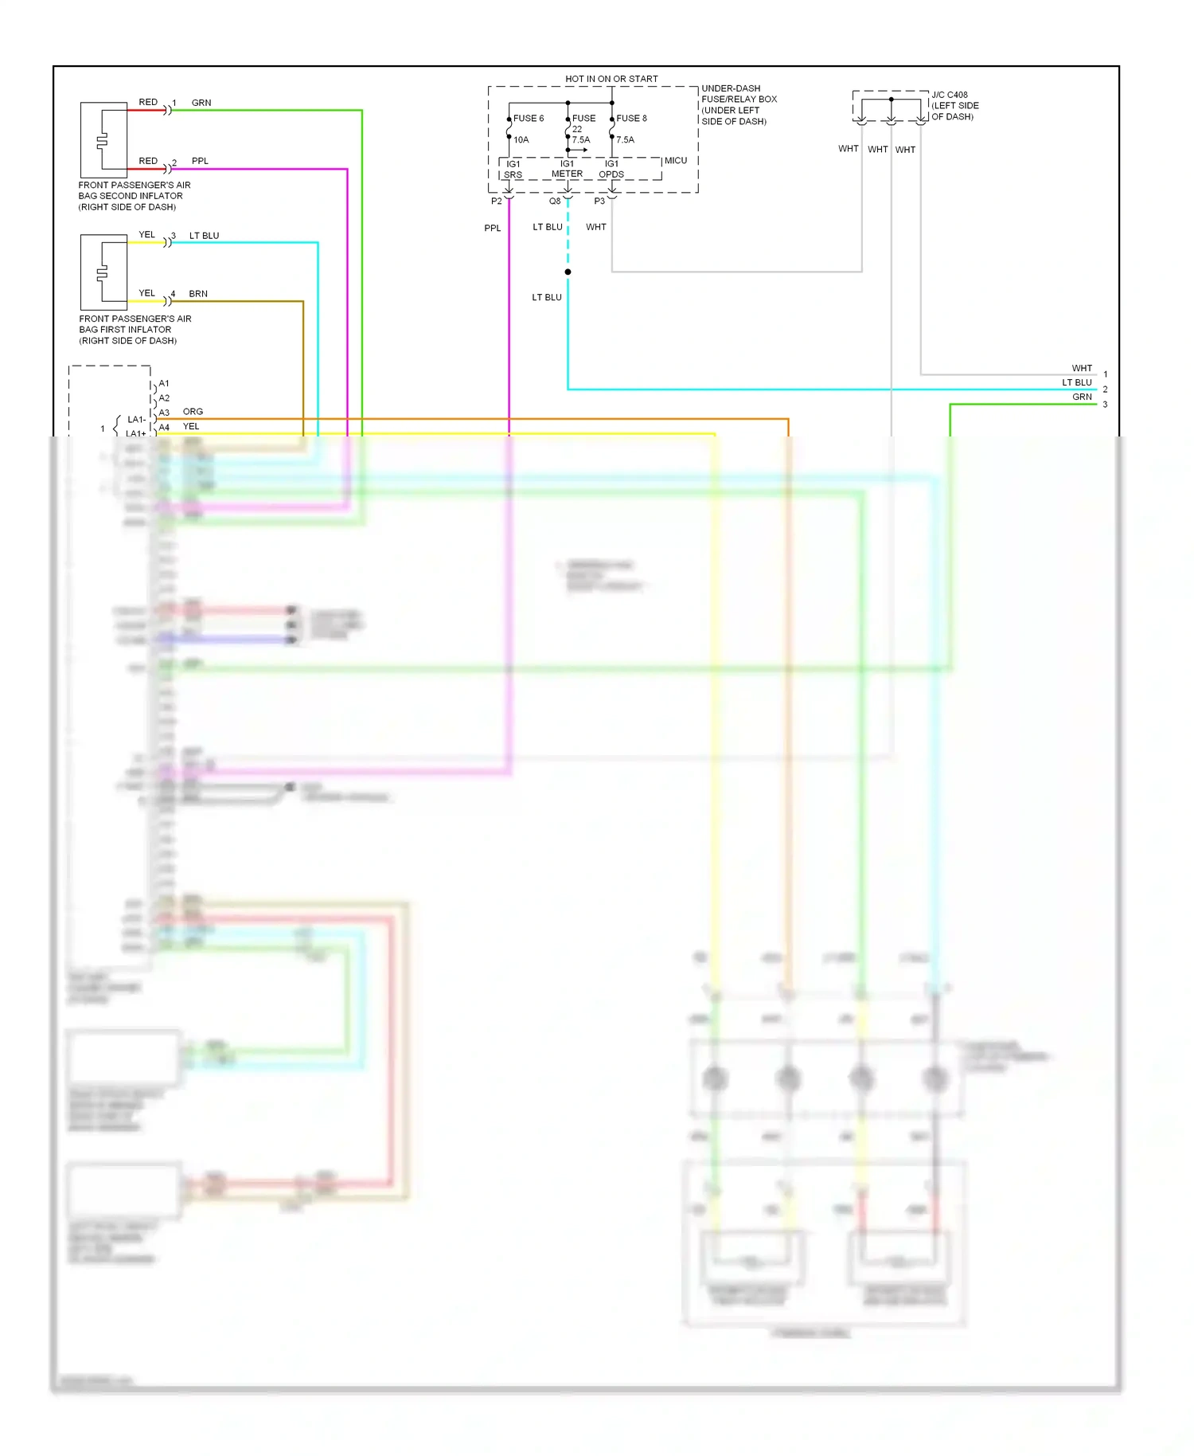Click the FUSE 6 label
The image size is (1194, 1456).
tap(529, 119)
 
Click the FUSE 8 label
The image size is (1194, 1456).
tap(631, 119)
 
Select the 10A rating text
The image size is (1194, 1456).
tap(521, 140)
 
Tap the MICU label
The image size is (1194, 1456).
tap(676, 161)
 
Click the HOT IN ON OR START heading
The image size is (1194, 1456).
tap(611, 79)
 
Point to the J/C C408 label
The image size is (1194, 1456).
tap(950, 95)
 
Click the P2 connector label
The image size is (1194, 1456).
tap(497, 202)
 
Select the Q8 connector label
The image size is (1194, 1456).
tap(555, 202)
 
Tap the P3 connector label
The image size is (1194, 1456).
tap(599, 202)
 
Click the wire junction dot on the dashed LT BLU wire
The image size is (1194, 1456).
tap(568, 272)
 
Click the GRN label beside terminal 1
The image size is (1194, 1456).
tap(201, 103)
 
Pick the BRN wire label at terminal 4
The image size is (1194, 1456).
tap(198, 294)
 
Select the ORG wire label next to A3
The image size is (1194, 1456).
tap(193, 412)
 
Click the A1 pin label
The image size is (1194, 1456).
tap(164, 384)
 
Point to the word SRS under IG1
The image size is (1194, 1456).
tap(513, 175)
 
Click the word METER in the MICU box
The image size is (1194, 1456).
tap(567, 174)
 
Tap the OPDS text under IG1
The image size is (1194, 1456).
tap(611, 175)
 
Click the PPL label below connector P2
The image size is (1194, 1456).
tap(493, 229)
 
